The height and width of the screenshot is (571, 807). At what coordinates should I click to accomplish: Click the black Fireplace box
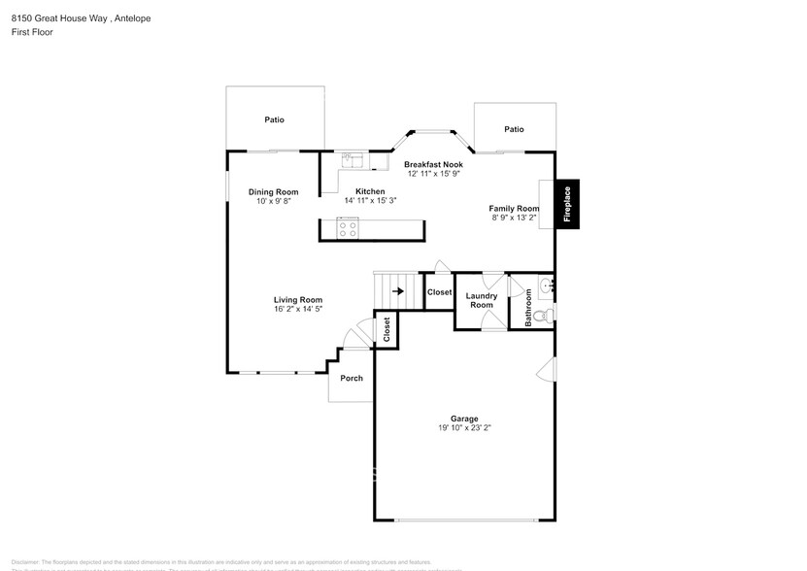(x=568, y=205)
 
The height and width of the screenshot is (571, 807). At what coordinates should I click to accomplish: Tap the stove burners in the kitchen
(x=348, y=229)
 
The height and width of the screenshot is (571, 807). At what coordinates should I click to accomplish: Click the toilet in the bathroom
(x=546, y=315)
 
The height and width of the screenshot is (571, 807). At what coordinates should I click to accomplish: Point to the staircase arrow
(x=397, y=290)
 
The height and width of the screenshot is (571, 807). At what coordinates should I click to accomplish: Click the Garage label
(x=464, y=419)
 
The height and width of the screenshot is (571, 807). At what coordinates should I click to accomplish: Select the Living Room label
(x=297, y=300)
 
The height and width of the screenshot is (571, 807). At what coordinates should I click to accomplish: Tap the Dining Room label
(x=274, y=192)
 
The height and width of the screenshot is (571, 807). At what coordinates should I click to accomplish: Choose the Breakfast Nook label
(x=434, y=164)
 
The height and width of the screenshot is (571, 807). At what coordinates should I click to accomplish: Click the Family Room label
(x=514, y=209)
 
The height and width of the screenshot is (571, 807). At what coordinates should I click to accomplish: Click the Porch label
(x=351, y=378)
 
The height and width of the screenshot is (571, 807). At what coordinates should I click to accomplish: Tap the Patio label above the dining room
(x=275, y=119)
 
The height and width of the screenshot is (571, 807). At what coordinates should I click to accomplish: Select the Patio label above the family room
(x=514, y=129)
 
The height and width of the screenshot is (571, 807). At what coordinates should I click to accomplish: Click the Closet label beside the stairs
(x=439, y=292)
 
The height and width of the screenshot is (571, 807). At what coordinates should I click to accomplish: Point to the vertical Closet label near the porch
(x=387, y=330)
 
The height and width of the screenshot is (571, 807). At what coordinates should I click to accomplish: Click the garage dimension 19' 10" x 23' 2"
(x=464, y=428)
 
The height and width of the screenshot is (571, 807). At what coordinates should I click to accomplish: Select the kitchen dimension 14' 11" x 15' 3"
(x=370, y=200)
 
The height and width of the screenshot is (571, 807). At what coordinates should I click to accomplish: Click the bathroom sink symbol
(x=546, y=285)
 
